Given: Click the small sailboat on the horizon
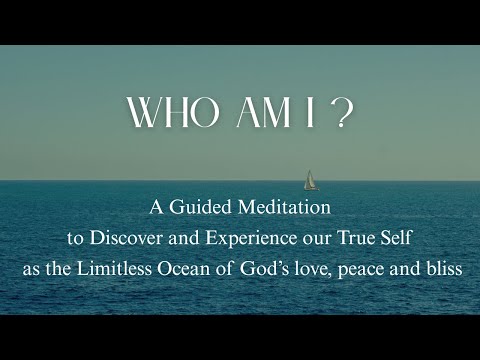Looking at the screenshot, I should click(x=310, y=180).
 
